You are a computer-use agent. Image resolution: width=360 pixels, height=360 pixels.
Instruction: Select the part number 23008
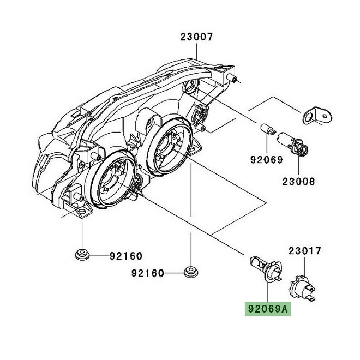298,181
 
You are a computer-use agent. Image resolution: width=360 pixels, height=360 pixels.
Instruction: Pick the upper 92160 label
125,255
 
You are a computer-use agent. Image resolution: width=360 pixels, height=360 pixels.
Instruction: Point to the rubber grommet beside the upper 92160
82,255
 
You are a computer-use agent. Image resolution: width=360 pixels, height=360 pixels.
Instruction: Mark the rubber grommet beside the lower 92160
191,271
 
